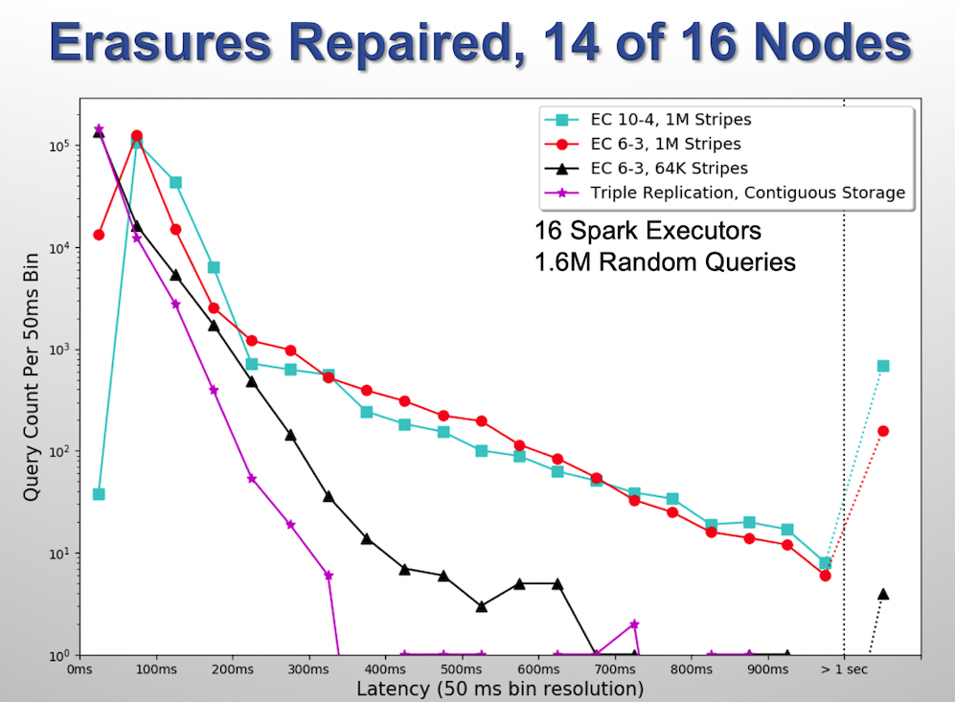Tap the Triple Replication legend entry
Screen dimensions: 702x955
tap(747, 192)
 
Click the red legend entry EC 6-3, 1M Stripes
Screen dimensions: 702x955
tap(665, 144)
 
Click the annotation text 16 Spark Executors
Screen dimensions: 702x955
tap(648, 232)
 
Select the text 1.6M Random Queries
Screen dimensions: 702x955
tap(665, 261)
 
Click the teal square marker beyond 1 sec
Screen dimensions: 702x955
tap(883, 366)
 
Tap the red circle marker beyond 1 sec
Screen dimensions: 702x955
tap(883, 431)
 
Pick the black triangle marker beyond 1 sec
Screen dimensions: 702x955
tap(883, 594)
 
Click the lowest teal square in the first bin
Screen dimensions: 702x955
tap(99, 494)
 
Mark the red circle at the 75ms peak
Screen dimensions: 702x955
tap(137, 136)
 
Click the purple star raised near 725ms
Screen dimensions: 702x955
tap(634, 623)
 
